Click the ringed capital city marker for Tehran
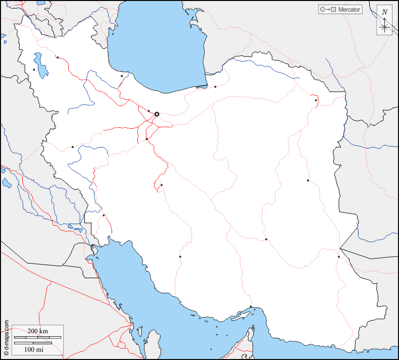(x=157, y=114)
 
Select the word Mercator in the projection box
(x=349, y=10)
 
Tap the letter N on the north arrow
(x=385, y=12)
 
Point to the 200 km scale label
(x=37, y=331)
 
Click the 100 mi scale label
(x=33, y=349)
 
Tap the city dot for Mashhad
(x=316, y=100)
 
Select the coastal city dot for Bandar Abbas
(x=251, y=307)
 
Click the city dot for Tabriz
(x=58, y=58)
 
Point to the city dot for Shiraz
(x=180, y=256)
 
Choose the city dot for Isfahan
(x=162, y=185)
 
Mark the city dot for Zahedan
(x=339, y=257)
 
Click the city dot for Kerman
(x=266, y=239)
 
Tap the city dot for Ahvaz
(x=104, y=216)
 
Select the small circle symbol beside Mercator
(x=321, y=10)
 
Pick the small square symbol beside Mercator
(x=334, y=10)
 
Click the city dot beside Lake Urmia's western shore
(x=34, y=70)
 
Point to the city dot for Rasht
(x=122, y=76)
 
